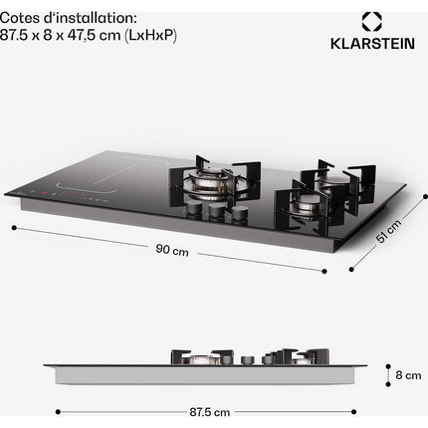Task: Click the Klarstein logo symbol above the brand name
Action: [371, 22]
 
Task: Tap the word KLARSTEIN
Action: [372, 44]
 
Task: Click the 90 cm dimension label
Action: [172, 250]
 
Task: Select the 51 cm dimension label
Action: [388, 231]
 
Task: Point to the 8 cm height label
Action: [408, 375]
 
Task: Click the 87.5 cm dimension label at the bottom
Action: [210, 412]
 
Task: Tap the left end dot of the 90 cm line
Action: [14, 228]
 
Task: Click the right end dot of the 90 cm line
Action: [324, 271]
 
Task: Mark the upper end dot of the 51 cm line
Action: [425, 196]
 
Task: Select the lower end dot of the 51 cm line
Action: [351, 269]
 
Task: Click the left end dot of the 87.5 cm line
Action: [58, 412]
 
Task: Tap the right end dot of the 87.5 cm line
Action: [353, 412]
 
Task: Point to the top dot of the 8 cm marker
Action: [388, 366]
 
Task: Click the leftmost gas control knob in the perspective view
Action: [193, 209]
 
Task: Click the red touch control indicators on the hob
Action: [63, 193]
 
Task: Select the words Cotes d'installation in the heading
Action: [68, 18]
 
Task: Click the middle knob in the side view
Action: [248, 360]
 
